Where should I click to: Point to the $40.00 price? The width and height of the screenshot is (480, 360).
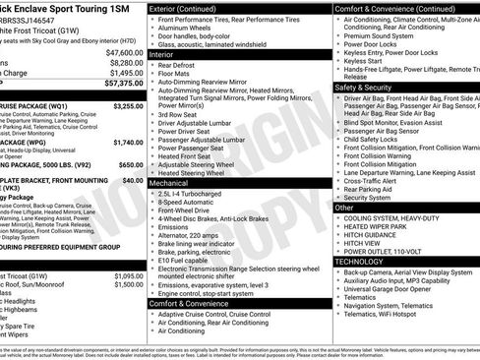click(x=134, y=181)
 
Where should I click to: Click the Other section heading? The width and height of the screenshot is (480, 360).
click(x=345, y=208)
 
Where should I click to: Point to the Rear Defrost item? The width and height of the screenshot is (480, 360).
click(x=181, y=67)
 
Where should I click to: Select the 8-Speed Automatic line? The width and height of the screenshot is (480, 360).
click(x=187, y=201)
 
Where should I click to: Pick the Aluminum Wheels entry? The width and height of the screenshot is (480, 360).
click(x=188, y=30)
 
